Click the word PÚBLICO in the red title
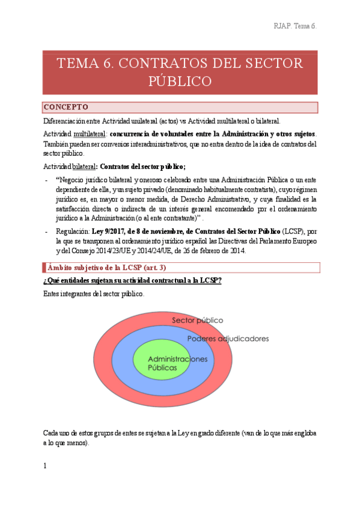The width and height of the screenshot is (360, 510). [x=180, y=81]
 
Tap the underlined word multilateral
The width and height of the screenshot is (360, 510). [x=90, y=133]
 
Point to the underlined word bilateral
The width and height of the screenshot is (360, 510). [x=84, y=167]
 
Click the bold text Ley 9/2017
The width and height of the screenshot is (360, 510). [x=118, y=232]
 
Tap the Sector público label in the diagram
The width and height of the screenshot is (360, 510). [x=197, y=320]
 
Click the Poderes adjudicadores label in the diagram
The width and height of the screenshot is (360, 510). [x=228, y=339]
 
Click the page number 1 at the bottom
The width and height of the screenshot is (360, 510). [x=45, y=465]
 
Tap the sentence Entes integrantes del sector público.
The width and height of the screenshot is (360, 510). [x=94, y=295]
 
